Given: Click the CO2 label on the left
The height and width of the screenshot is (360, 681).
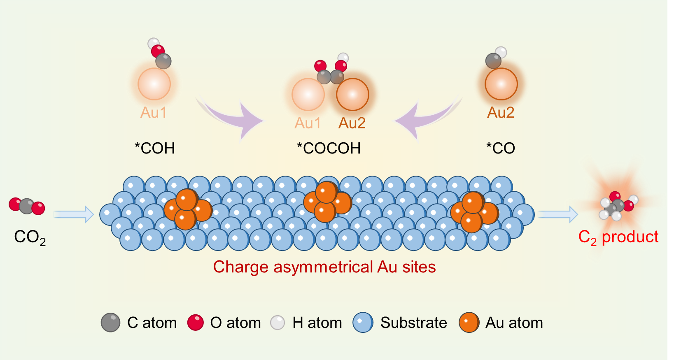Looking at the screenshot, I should pyautogui.click(x=30, y=237).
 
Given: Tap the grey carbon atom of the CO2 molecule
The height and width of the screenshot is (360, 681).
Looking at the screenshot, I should pyautogui.click(x=27, y=206).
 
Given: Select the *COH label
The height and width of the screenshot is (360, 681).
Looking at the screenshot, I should pyautogui.click(x=155, y=148).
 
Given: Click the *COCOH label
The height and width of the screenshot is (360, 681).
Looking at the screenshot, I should pyautogui.click(x=329, y=148).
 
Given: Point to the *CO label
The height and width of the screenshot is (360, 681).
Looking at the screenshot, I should pyautogui.click(x=500, y=148).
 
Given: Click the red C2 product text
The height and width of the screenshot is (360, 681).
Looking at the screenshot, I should pyautogui.click(x=618, y=237).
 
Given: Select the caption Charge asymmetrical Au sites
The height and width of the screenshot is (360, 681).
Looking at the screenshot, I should pyautogui.click(x=324, y=267).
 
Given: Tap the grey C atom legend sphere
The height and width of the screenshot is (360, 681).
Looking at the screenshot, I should pyautogui.click(x=110, y=323).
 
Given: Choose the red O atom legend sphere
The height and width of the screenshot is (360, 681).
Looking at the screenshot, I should pyautogui.click(x=196, y=323).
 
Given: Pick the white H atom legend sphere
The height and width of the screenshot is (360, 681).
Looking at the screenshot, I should pyautogui.click(x=278, y=323).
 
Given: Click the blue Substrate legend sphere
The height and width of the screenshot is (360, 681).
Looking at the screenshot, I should pyautogui.click(x=363, y=323).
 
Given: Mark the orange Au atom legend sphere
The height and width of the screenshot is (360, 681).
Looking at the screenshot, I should pyautogui.click(x=469, y=323).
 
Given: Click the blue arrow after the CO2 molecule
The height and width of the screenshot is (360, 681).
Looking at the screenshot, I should pyautogui.click(x=74, y=214).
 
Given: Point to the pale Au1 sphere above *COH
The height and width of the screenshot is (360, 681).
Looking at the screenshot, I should pyautogui.click(x=154, y=84).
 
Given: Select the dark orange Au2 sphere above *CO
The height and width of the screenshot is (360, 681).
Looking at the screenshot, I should pyautogui.click(x=501, y=84).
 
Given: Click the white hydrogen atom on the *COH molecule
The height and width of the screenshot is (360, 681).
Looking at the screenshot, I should pyautogui.click(x=153, y=43).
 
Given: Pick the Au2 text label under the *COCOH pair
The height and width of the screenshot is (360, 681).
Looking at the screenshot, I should pyautogui.click(x=352, y=123).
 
